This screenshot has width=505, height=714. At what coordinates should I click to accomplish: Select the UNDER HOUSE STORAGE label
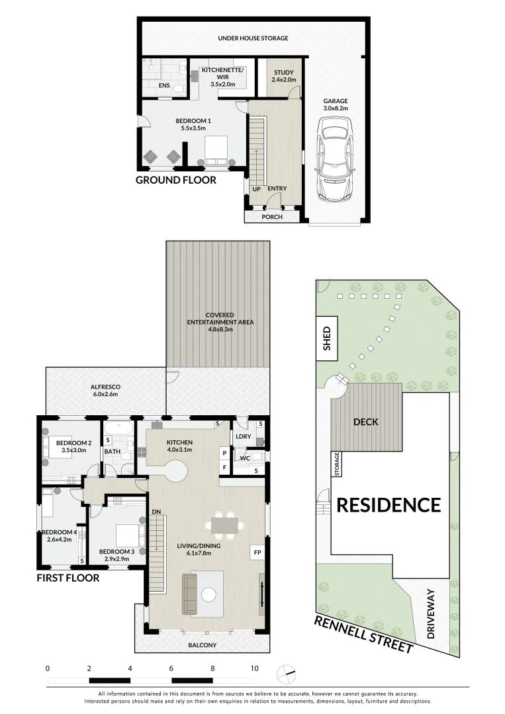(x=253, y=38)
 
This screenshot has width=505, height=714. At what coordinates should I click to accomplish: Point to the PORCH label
(x=272, y=217)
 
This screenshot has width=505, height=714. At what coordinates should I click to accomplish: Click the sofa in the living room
(x=190, y=593)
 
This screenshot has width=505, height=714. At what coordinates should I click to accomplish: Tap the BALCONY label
(x=203, y=645)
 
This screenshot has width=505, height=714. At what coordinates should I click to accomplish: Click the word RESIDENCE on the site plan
(x=389, y=505)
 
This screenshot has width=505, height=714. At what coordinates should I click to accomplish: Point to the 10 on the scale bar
(x=254, y=668)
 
